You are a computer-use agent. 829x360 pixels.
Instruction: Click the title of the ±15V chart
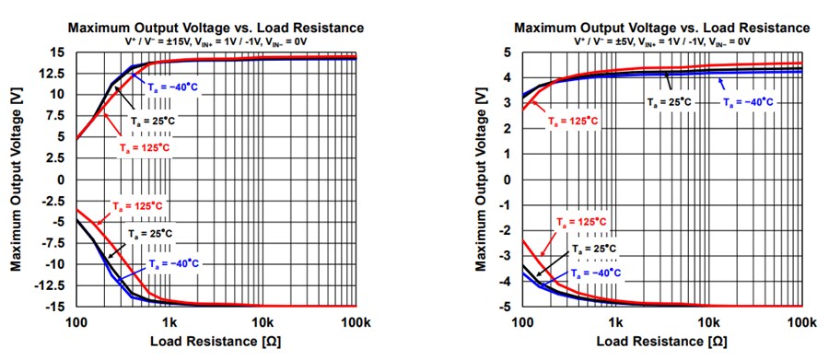tap(215, 28)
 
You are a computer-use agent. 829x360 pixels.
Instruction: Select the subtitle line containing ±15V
tap(215, 42)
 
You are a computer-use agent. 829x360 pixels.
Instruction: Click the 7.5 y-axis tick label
tap(61, 115)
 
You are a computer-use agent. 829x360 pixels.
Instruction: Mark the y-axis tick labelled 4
tap(508, 79)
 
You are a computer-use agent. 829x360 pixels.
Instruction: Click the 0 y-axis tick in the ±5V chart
tap(508, 180)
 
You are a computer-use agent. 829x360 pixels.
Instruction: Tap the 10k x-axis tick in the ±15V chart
tap(263, 321)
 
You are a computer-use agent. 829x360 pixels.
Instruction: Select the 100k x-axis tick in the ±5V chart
tap(800, 321)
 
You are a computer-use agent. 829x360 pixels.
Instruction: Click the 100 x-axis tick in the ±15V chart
tap(76, 321)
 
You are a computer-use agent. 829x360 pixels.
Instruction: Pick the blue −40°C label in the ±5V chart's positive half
tap(752, 102)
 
